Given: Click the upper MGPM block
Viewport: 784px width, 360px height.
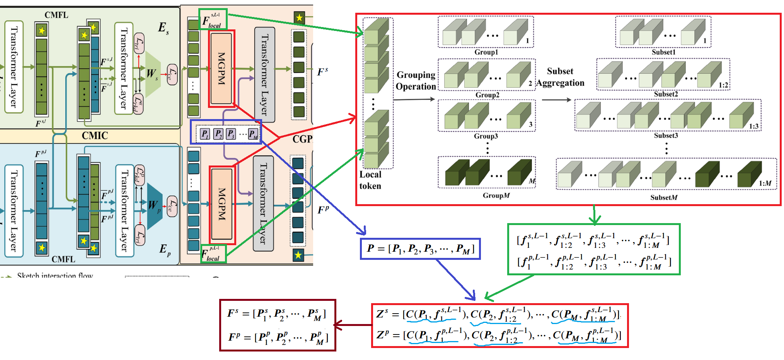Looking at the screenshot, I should click(x=221, y=68).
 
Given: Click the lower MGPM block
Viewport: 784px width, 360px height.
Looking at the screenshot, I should click(x=222, y=204).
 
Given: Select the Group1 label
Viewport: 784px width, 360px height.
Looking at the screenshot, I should click(x=486, y=52).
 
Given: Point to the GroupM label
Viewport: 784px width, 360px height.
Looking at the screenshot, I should click(x=496, y=196).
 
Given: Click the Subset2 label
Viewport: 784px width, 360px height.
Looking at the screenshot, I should click(x=665, y=94).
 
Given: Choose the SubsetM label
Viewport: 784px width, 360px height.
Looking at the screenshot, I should click(x=663, y=198).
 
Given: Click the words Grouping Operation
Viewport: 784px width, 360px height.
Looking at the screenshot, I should click(x=416, y=80).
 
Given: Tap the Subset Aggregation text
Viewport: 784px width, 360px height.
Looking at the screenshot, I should click(x=560, y=77).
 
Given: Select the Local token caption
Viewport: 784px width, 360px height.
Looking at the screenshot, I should click(x=370, y=180).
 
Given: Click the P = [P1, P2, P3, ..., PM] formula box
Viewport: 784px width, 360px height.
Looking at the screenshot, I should click(x=420, y=249).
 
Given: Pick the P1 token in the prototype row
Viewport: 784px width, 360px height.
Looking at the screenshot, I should click(x=205, y=134).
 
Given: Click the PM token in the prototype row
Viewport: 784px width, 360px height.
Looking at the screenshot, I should click(x=253, y=134).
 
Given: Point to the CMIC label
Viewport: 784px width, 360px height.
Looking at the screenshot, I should click(x=95, y=136).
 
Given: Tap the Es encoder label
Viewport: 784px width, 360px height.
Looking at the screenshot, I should click(x=163, y=28).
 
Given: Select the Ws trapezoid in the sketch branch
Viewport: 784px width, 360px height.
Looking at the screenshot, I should click(x=152, y=73).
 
